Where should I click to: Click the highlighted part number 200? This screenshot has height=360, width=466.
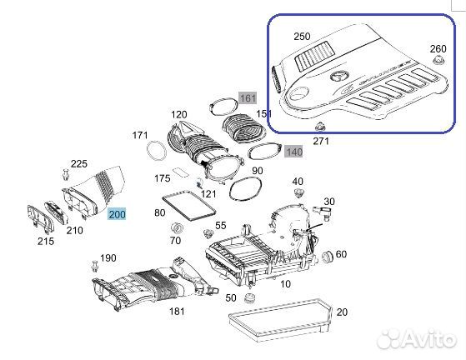click(x=117, y=214)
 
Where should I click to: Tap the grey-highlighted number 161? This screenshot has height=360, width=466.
click(x=248, y=97)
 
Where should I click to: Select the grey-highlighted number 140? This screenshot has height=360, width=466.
click(x=293, y=152)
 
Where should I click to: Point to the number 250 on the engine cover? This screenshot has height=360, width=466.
click(x=302, y=36)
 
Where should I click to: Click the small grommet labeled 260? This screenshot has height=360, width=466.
click(x=438, y=62)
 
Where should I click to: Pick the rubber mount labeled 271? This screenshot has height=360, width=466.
click(x=320, y=127)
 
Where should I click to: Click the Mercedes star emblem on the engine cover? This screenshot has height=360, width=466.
click(x=339, y=77)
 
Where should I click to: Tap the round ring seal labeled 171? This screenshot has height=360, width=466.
click(x=157, y=150)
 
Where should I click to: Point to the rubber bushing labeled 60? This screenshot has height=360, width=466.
click(x=328, y=257)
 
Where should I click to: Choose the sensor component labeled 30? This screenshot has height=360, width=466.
click(x=323, y=213)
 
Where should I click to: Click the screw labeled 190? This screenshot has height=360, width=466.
click(x=95, y=266)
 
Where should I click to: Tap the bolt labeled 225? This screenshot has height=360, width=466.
click(x=66, y=174)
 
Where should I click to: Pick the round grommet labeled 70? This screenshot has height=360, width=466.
click(x=177, y=228)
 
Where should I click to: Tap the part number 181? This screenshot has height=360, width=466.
click(x=177, y=311)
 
